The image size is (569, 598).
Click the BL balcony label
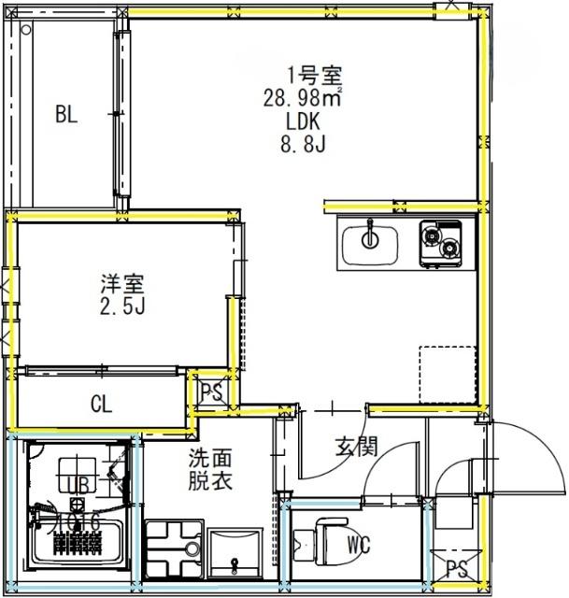coord(65,115)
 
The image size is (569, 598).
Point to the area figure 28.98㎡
coord(306,95)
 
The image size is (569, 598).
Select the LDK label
coord(306,120)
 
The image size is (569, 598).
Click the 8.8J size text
coord(306,144)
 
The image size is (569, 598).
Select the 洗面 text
coord(210,459)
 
